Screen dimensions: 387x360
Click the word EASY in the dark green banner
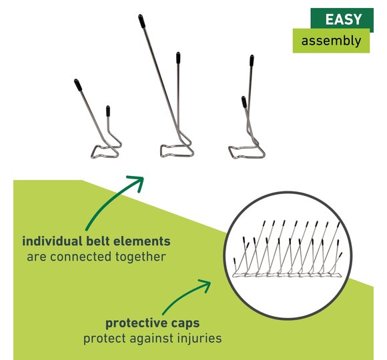coord(344,19)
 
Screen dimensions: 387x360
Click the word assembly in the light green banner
coord(331,41)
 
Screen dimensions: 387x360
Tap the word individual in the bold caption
coord(52,241)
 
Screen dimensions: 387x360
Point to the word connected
coord(81,257)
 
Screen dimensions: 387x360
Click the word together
coord(140,257)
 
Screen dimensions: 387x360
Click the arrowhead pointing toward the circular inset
coord(205,285)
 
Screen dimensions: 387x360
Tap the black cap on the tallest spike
coord(141,21)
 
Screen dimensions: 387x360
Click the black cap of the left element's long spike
coord(78,85)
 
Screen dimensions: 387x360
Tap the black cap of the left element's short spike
coord(108,111)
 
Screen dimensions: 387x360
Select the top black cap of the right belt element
coord(252,61)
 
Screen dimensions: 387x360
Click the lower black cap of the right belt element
coord(244,102)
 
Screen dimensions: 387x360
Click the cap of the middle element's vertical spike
coord(178,58)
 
